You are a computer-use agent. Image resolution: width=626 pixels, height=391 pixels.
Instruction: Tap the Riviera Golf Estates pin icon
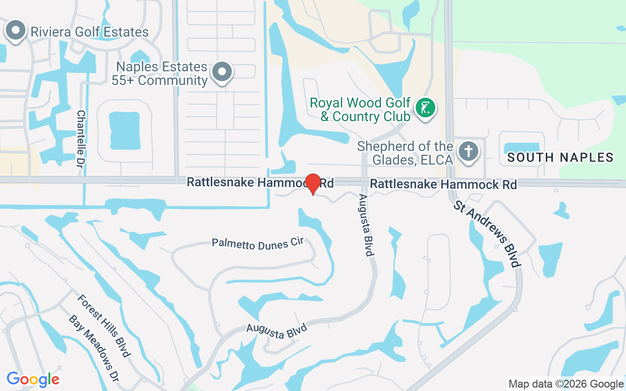(16, 30)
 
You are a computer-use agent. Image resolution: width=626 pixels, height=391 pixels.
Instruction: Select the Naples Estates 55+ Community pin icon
(222, 72)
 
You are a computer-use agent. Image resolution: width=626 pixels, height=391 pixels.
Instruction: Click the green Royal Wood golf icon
(425, 108)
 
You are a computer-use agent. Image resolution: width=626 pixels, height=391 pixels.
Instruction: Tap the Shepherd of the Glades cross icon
(469, 151)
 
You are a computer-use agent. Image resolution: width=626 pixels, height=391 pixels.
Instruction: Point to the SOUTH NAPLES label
(560, 157)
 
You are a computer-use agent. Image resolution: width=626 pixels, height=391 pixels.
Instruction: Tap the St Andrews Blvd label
(486, 234)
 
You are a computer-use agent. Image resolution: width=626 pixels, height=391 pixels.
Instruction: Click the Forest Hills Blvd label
(104, 326)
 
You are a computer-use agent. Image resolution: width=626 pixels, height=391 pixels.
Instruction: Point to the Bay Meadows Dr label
(94, 348)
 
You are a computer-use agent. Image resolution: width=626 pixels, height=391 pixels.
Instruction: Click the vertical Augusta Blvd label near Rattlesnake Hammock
(366, 225)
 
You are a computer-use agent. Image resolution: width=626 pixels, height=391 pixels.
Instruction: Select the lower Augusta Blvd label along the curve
(276, 331)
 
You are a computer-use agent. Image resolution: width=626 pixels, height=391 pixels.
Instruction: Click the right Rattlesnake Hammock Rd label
(443, 184)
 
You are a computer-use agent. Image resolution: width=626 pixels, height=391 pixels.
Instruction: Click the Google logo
(33, 379)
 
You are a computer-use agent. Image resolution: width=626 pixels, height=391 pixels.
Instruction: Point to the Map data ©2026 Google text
(566, 384)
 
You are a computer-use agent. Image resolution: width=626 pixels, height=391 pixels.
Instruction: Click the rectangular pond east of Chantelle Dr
(124, 130)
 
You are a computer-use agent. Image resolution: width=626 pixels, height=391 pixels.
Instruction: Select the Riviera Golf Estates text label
(89, 32)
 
